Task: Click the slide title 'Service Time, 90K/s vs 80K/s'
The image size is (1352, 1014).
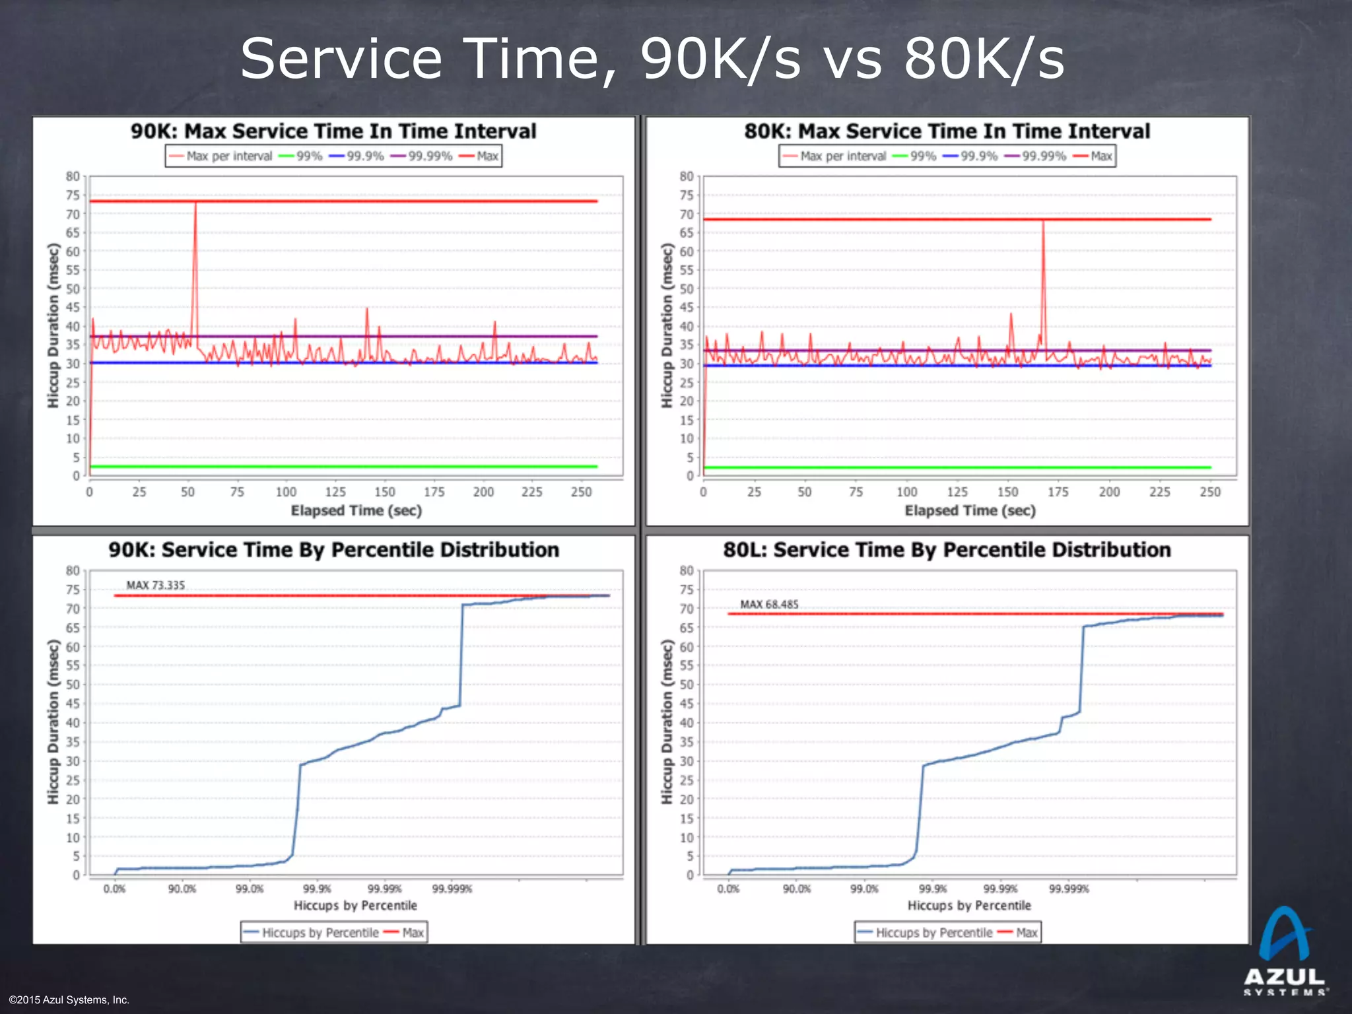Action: click(652, 59)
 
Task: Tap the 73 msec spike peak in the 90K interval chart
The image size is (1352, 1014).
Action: click(195, 203)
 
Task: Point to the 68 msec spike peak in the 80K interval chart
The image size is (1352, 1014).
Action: click(1043, 222)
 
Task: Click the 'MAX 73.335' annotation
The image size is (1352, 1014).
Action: click(156, 586)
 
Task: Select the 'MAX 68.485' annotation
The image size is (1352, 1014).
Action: click(769, 605)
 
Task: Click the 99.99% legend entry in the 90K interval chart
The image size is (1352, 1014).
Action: click(422, 156)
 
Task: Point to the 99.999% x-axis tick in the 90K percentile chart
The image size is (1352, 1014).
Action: click(452, 889)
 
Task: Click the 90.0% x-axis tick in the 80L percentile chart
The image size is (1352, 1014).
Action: click(797, 889)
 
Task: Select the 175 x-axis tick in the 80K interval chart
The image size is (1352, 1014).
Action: click(1058, 492)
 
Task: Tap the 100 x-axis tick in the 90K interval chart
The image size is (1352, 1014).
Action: click(286, 492)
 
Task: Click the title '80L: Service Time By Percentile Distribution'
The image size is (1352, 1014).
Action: click(947, 550)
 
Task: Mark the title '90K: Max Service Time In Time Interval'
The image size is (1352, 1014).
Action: click(333, 131)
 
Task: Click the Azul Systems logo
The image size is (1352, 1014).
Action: click(1285, 951)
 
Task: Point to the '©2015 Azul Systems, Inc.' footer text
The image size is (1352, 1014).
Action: click(69, 1000)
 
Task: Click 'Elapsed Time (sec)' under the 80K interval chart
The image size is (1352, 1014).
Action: click(970, 510)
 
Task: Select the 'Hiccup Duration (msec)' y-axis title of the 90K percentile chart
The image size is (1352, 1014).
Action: click(53, 722)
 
